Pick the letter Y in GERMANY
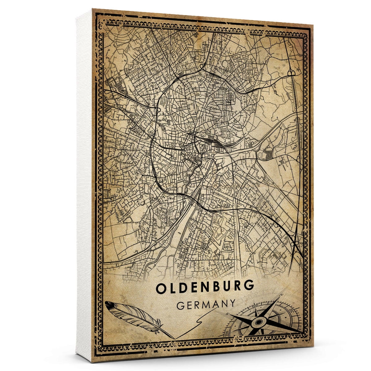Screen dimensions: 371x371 (x=233, y=304)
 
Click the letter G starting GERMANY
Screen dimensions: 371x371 (x=180, y=305)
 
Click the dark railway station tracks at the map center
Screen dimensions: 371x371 (x=213, y=143)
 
